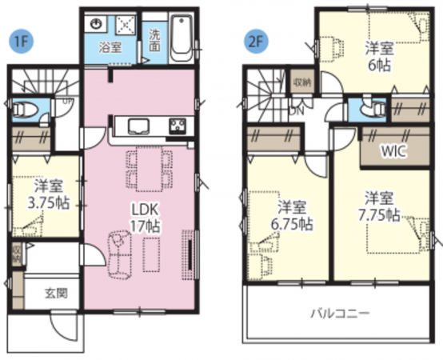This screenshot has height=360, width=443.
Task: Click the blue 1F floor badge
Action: pyautogui.click(x=21, y=42)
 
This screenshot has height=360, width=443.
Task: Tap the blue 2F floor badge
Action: pyautogui.click(x=256, y=42)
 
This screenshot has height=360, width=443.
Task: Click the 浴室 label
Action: pyautogui.click(x=110, y=47)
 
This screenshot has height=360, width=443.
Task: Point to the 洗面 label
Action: pyautogui.click(x=154, y=41)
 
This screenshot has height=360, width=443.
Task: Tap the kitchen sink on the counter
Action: pyautogui.click(x=138, y=126)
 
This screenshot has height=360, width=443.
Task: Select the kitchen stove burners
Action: pyautogui.click(x=178, y=126)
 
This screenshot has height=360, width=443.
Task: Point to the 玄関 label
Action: pyautogui.click(x=57, y=293)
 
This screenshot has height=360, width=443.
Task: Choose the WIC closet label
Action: pyautogui.click(x=394, y=151)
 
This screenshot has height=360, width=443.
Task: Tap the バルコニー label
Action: pyautogui.click(x=341, y=314)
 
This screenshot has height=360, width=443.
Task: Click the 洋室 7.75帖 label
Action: pyautogui.click(x=378, y=206)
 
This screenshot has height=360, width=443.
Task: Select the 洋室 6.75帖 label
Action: pyautogui.click(x=292, y=215)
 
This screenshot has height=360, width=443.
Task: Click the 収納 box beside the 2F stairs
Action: pyautogui.click(x=302, y=82)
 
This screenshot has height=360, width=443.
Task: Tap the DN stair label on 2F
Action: pyautogui.click(x=296, y=110)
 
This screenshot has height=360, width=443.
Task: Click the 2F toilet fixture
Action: pyautogui.click(x=377, y=109)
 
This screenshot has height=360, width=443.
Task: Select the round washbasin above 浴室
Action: pyautogui.click(x=97, y=24)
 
